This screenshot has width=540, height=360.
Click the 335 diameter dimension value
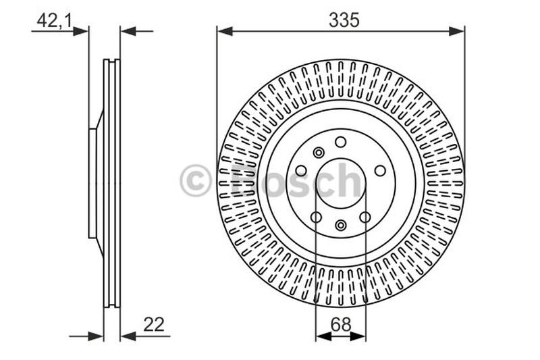tap(344, 20)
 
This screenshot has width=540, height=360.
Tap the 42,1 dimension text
tap(55, 21)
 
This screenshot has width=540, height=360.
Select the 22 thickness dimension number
tap(154, 324)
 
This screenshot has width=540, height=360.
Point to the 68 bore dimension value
tap(341, 324)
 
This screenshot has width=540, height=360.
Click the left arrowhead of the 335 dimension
tap(225, 32)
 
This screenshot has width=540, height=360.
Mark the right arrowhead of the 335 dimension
tap(457, 32)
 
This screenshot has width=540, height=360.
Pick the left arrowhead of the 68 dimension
tap(323, 336)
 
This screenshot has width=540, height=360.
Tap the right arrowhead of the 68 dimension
tap(358, 336)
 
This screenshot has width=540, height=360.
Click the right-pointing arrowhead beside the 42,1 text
tap(81, 32)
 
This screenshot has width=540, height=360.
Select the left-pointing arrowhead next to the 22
tap(128, 336)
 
